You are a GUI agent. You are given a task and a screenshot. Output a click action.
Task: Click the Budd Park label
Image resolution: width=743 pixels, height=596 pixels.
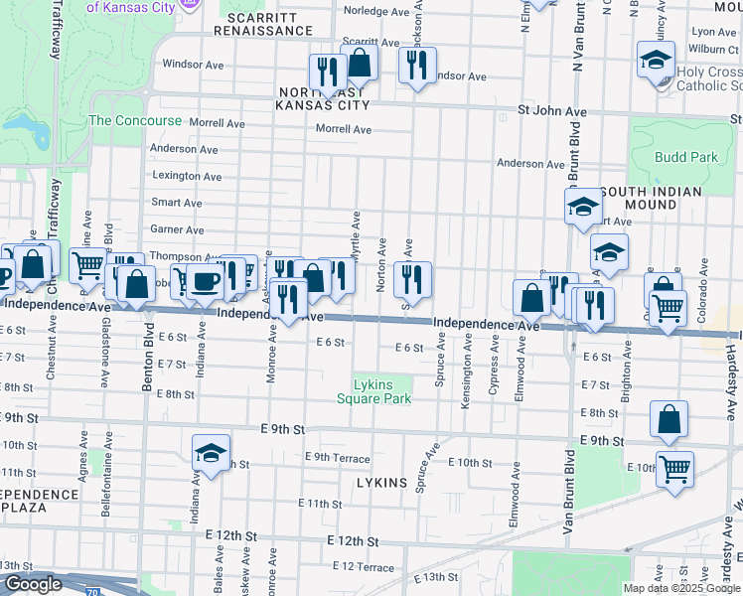coord(685,157)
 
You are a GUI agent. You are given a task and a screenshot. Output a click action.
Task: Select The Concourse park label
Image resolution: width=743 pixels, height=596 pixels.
coord(135,120)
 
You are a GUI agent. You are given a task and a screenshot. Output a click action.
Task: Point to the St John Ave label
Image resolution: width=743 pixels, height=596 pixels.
coord(550,109)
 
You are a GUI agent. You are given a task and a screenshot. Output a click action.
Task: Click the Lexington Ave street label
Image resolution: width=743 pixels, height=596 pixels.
coord(187,176)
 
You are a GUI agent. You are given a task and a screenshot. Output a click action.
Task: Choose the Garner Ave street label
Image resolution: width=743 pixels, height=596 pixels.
coord(177,229)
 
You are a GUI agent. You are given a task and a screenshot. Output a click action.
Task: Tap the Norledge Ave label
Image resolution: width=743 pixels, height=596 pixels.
coord(375,11)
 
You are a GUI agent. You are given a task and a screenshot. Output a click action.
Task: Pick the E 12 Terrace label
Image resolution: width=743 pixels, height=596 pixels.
coord(363,566)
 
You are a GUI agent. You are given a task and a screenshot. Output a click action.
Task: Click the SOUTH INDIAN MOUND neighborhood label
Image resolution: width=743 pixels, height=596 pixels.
coord(651,198)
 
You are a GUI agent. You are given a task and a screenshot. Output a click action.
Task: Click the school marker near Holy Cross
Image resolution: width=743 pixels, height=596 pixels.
coord(656,60)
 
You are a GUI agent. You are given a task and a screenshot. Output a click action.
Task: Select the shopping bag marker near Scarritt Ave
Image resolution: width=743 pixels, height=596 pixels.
coord(360,62)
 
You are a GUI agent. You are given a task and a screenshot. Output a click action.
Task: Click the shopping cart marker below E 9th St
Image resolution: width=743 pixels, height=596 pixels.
coord(675,469)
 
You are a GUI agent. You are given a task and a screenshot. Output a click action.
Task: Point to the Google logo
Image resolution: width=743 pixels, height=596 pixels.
coord(34,584)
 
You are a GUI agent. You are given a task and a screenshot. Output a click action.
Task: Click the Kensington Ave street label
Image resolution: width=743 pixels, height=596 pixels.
coord(466,371)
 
